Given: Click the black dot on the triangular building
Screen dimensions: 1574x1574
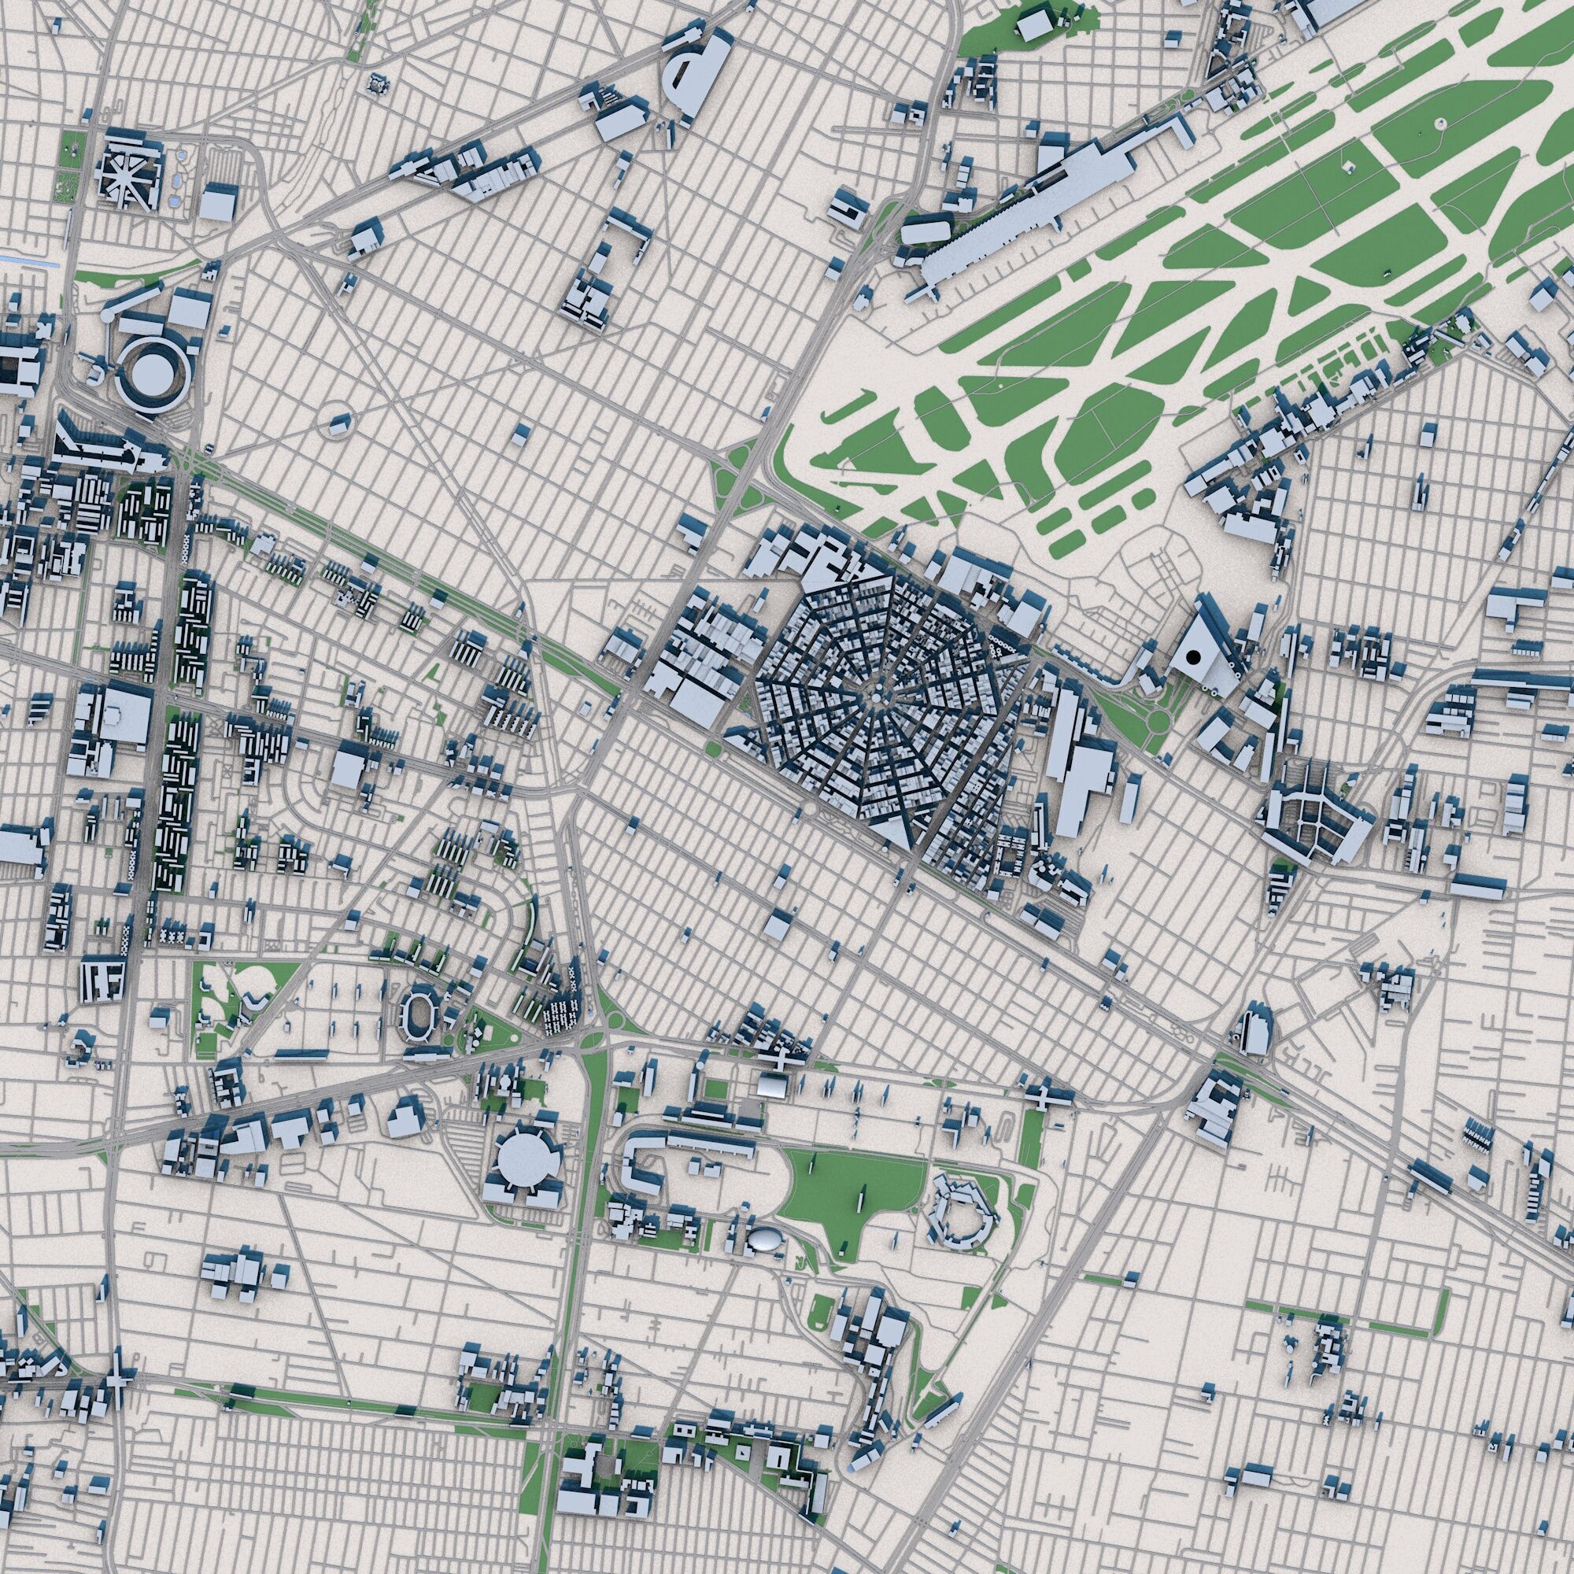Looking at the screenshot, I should [1194, 656].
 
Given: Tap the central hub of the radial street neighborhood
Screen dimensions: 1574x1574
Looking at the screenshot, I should [875, 697].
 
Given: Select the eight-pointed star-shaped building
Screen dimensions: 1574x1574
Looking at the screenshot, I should [126, 176].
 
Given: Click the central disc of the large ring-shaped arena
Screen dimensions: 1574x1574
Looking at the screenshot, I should [153, 373].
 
